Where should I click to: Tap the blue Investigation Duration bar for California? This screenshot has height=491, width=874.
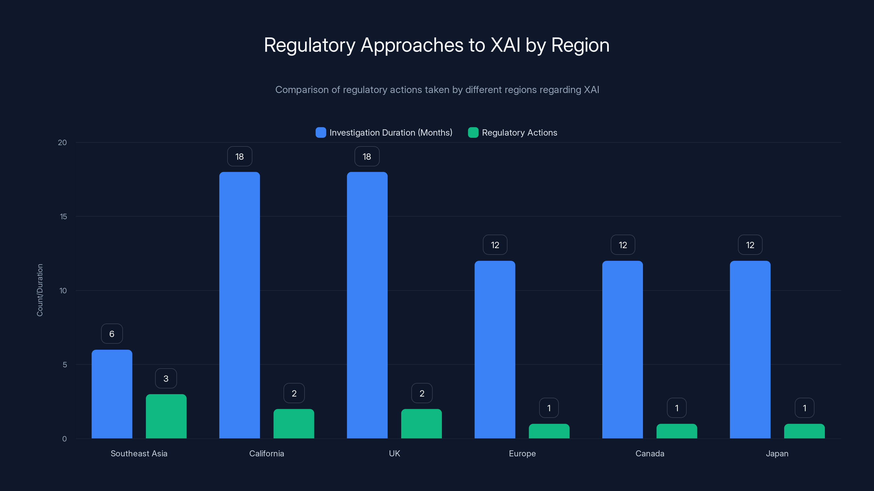click(x=240, y=305)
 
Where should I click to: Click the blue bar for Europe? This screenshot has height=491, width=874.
click(x=495, y=349)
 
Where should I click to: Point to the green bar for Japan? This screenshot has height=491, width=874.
click(x=804, y=431)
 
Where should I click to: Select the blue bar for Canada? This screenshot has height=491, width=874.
click(x=622, y=349)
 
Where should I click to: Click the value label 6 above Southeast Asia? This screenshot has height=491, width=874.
click(x=112, y=334)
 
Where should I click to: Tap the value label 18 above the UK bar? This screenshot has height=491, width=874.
click(x=367, y=157)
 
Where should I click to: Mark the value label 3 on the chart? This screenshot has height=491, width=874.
click(x=166, y=379)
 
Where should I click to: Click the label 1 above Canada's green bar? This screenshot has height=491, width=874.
click(x=677, y=408)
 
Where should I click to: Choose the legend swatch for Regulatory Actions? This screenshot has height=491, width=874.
click(x=473, y=133)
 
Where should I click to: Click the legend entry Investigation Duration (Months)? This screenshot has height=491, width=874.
click(x=391, y=133)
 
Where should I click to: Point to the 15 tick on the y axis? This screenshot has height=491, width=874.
click(x=63, y=217)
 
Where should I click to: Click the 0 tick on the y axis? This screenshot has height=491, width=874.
click(x=64, y=439)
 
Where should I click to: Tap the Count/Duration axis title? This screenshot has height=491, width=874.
click(x=40, y=290)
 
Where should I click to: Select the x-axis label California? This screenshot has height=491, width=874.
click(x=266, y=453)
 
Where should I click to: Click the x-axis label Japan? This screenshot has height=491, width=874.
click(x=777, y=453)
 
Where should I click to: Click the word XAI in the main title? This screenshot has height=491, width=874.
click(x=505, y=45)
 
